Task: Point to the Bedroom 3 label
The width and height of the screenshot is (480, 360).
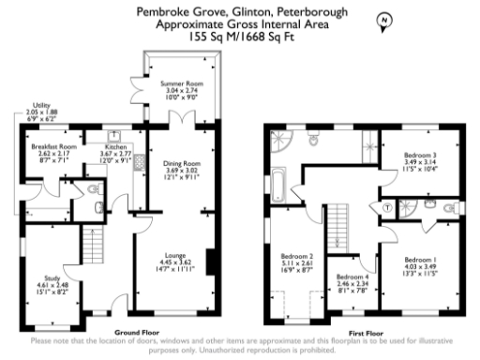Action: coord(421,156)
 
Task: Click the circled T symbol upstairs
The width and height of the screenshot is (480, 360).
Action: coord(387,205)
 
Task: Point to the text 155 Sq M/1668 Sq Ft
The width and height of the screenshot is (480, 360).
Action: coord(239,37)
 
